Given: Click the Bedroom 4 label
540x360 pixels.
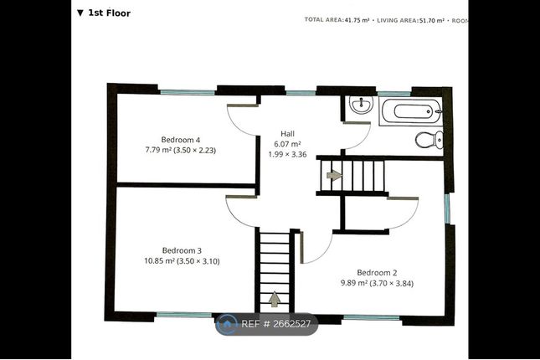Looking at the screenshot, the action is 181,140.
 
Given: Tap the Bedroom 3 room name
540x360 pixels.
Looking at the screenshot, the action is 182,250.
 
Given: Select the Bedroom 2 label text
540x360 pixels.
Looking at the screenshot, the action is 377,273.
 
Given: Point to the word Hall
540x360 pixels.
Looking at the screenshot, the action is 287,134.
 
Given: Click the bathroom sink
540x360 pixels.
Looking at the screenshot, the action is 361,104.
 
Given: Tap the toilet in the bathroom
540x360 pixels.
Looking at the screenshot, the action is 429,140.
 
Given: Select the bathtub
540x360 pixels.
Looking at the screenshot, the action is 410,111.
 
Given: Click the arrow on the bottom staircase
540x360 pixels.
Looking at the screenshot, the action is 274,299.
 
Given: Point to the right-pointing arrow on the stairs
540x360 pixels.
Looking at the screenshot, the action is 334,175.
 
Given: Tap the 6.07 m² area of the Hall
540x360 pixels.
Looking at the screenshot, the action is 287,144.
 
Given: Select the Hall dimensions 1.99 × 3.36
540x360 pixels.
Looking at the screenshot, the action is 287,154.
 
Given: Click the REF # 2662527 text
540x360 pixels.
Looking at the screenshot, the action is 275,324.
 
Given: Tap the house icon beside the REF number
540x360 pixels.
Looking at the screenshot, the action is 227,324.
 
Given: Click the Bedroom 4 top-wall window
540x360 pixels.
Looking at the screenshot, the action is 188,92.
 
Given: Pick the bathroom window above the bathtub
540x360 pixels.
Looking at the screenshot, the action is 394,94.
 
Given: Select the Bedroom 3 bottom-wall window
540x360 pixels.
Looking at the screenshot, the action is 184,315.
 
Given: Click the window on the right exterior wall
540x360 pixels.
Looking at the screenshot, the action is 447,208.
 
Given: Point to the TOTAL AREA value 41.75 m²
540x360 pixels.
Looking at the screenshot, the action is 357,20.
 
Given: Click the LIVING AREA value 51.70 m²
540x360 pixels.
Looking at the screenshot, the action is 431,20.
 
